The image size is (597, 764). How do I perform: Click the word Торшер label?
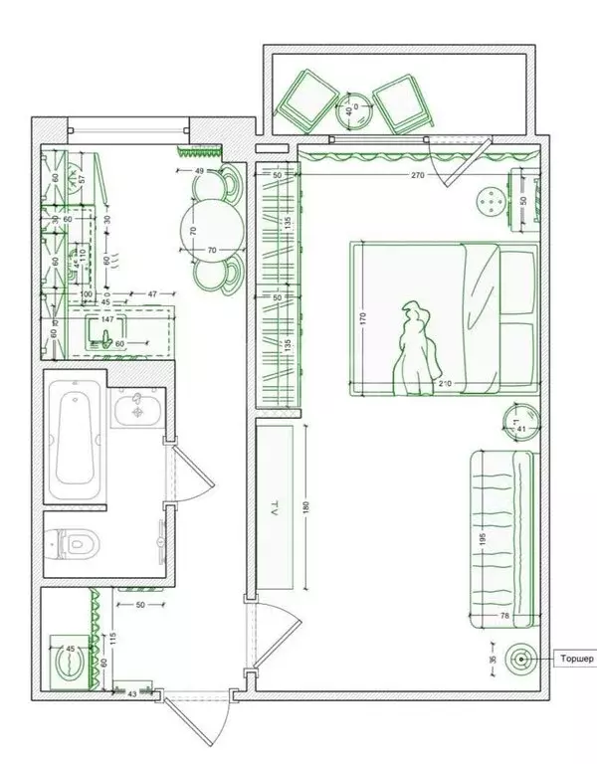pos(576,659)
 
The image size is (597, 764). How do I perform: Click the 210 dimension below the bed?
pos(445,383)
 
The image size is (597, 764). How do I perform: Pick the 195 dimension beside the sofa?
pos(482,537)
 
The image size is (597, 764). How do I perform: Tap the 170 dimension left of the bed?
pos(364,320)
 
